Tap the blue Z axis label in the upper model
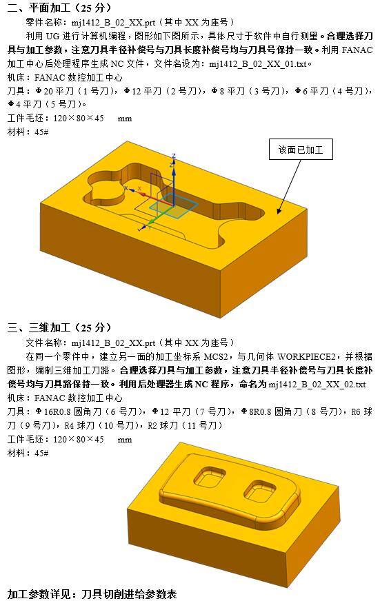coord(174,156)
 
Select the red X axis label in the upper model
coord(139,187)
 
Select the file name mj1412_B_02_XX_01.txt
coord(264,63)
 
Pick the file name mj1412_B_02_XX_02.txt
coord(317,384)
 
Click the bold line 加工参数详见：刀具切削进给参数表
coord(92,593)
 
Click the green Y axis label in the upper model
coord(140,227)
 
